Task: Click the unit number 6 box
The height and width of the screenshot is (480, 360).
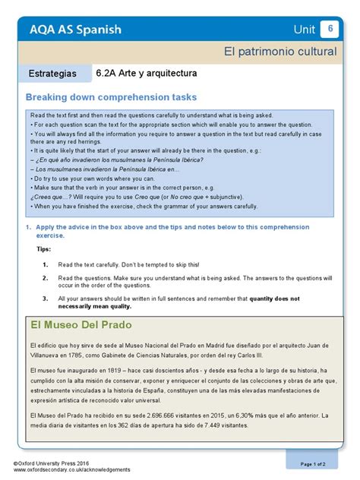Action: [330, 29]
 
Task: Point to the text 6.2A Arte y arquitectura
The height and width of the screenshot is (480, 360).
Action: [147, 74]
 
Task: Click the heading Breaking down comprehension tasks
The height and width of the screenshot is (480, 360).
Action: [111, 97]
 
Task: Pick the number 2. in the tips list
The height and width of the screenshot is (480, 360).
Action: [46, 278]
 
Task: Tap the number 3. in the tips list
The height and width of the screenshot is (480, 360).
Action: [46, 299]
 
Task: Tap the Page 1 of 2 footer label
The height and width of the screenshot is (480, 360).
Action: [313, 463]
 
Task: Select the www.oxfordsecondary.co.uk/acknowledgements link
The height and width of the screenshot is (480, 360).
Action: [66, 469]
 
